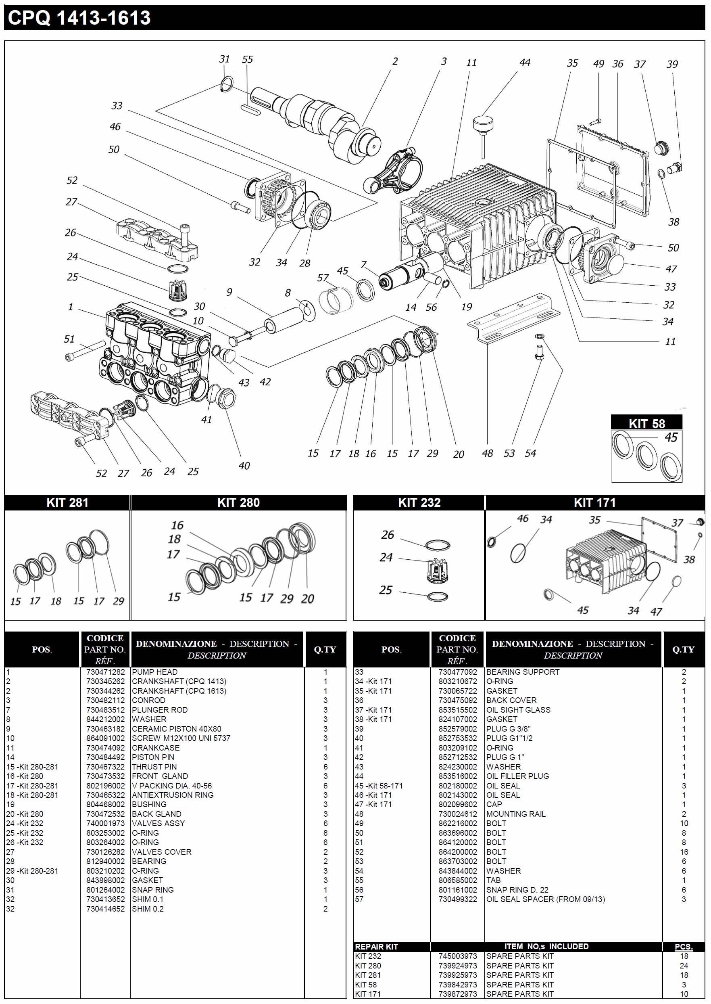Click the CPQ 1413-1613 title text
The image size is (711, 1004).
pos(79,18)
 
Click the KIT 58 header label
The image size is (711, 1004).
pos(646,423)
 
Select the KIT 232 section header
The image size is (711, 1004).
pos(419,502)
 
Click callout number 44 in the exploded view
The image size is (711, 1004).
pos(525,63)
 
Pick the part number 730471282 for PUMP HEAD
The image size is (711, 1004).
pos(105,672)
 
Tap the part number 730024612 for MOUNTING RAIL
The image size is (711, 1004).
pos(457,814)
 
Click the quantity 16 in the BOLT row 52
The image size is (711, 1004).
pos(684,852)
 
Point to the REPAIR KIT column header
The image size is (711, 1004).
pos(376,947)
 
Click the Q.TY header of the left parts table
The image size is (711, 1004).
pos(325,650)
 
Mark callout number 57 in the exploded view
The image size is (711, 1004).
pos(323,278)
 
